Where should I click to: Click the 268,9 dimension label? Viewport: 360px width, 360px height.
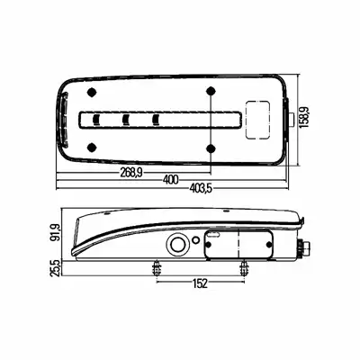click(x=131, y=173)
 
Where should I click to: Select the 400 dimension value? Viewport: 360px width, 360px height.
click(x=170, y=180)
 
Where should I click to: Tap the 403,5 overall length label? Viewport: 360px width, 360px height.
click(x=201, y=189)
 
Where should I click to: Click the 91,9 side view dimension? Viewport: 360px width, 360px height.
click(x=56, y=232)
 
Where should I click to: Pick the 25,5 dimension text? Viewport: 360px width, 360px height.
click(x=56, y=268)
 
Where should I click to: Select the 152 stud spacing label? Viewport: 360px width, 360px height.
click(x=200, y=283)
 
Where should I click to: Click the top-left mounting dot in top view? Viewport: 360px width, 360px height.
click(x=92, y=92)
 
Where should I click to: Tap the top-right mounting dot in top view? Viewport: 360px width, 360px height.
click(x=211, y=90)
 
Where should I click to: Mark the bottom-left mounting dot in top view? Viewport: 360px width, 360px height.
click(x=92, y=148)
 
